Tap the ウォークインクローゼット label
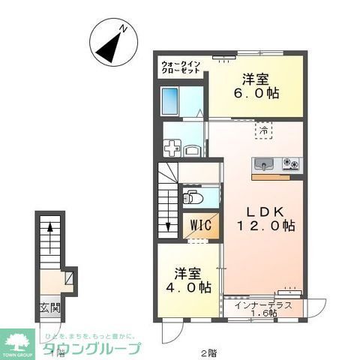180,68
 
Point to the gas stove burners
290,163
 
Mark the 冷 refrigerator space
265,130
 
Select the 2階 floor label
208,352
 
